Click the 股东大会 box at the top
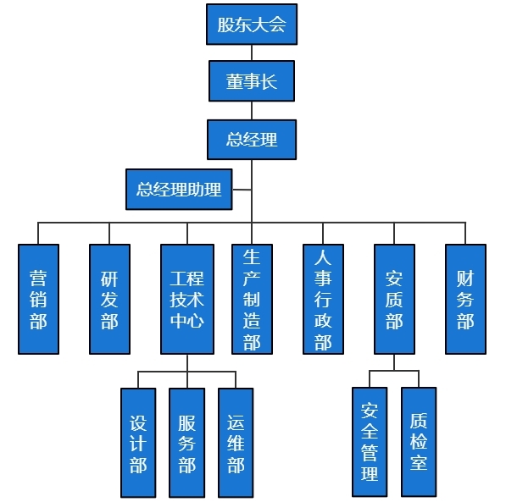pyautogui.click(x=252, y=24)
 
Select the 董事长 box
pyautogui.click(x=252, y=81)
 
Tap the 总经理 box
pyautogui.click(x=252, y=139)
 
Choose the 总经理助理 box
pyautogui.click(x=179, y=189)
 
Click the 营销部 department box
pyautogui.click(x=38, y=299)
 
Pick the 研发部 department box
pyautogui.click(x=109, y=299)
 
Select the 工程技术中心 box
pyautogui.click(x=186, y=299)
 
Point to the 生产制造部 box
pyautogui.click(x=252, y=299)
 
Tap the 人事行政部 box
pyautogui.click(x=323, y=299)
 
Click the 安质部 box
pyautogui.click(x=394, y=299)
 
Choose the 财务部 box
pyautogui.click(x=465, y=299)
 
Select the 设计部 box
pyautogui.click(x=138, y=442)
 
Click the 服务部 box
pyautogui.click(x=186, y=442)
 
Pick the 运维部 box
pyautogui.click(x=236, y=442)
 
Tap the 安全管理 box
pyautogui.click(x=370, y=442)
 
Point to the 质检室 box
pyautogui.click(x=419, y=442)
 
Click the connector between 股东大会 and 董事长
pyautogui.click(x=252, y=52)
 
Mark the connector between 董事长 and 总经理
pyautogui.click(x=252, y=110)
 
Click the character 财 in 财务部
pyautogui.click(x=465, y=278)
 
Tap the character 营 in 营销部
pyautogui.click(x=38, y=278)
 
